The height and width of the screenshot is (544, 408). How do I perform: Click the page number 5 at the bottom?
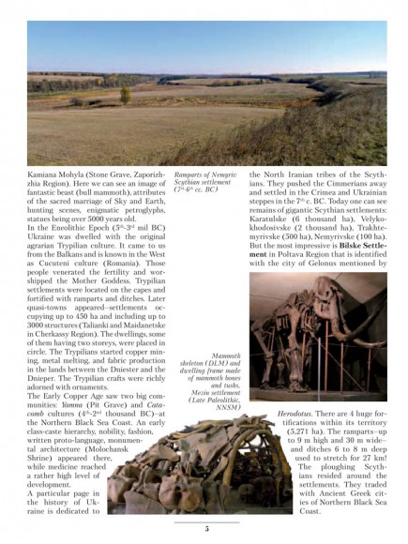tap(205, 529)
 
